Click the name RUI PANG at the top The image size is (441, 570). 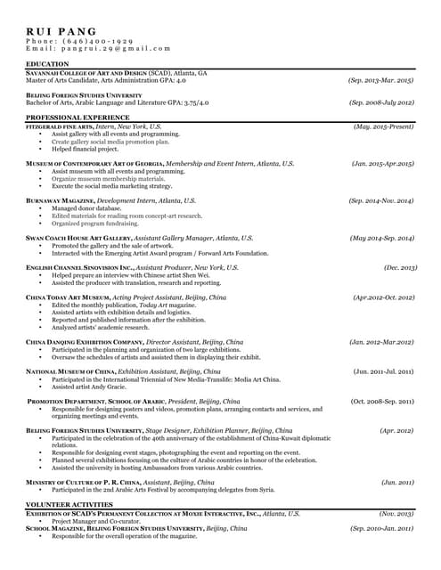[61, 31]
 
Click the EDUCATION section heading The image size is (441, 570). [48, 65]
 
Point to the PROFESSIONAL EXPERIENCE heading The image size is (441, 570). [78, 118]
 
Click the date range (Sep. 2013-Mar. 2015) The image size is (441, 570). [380, 80]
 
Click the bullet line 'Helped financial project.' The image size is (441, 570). [85, 149]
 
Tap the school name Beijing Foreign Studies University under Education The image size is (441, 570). [84, 94]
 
